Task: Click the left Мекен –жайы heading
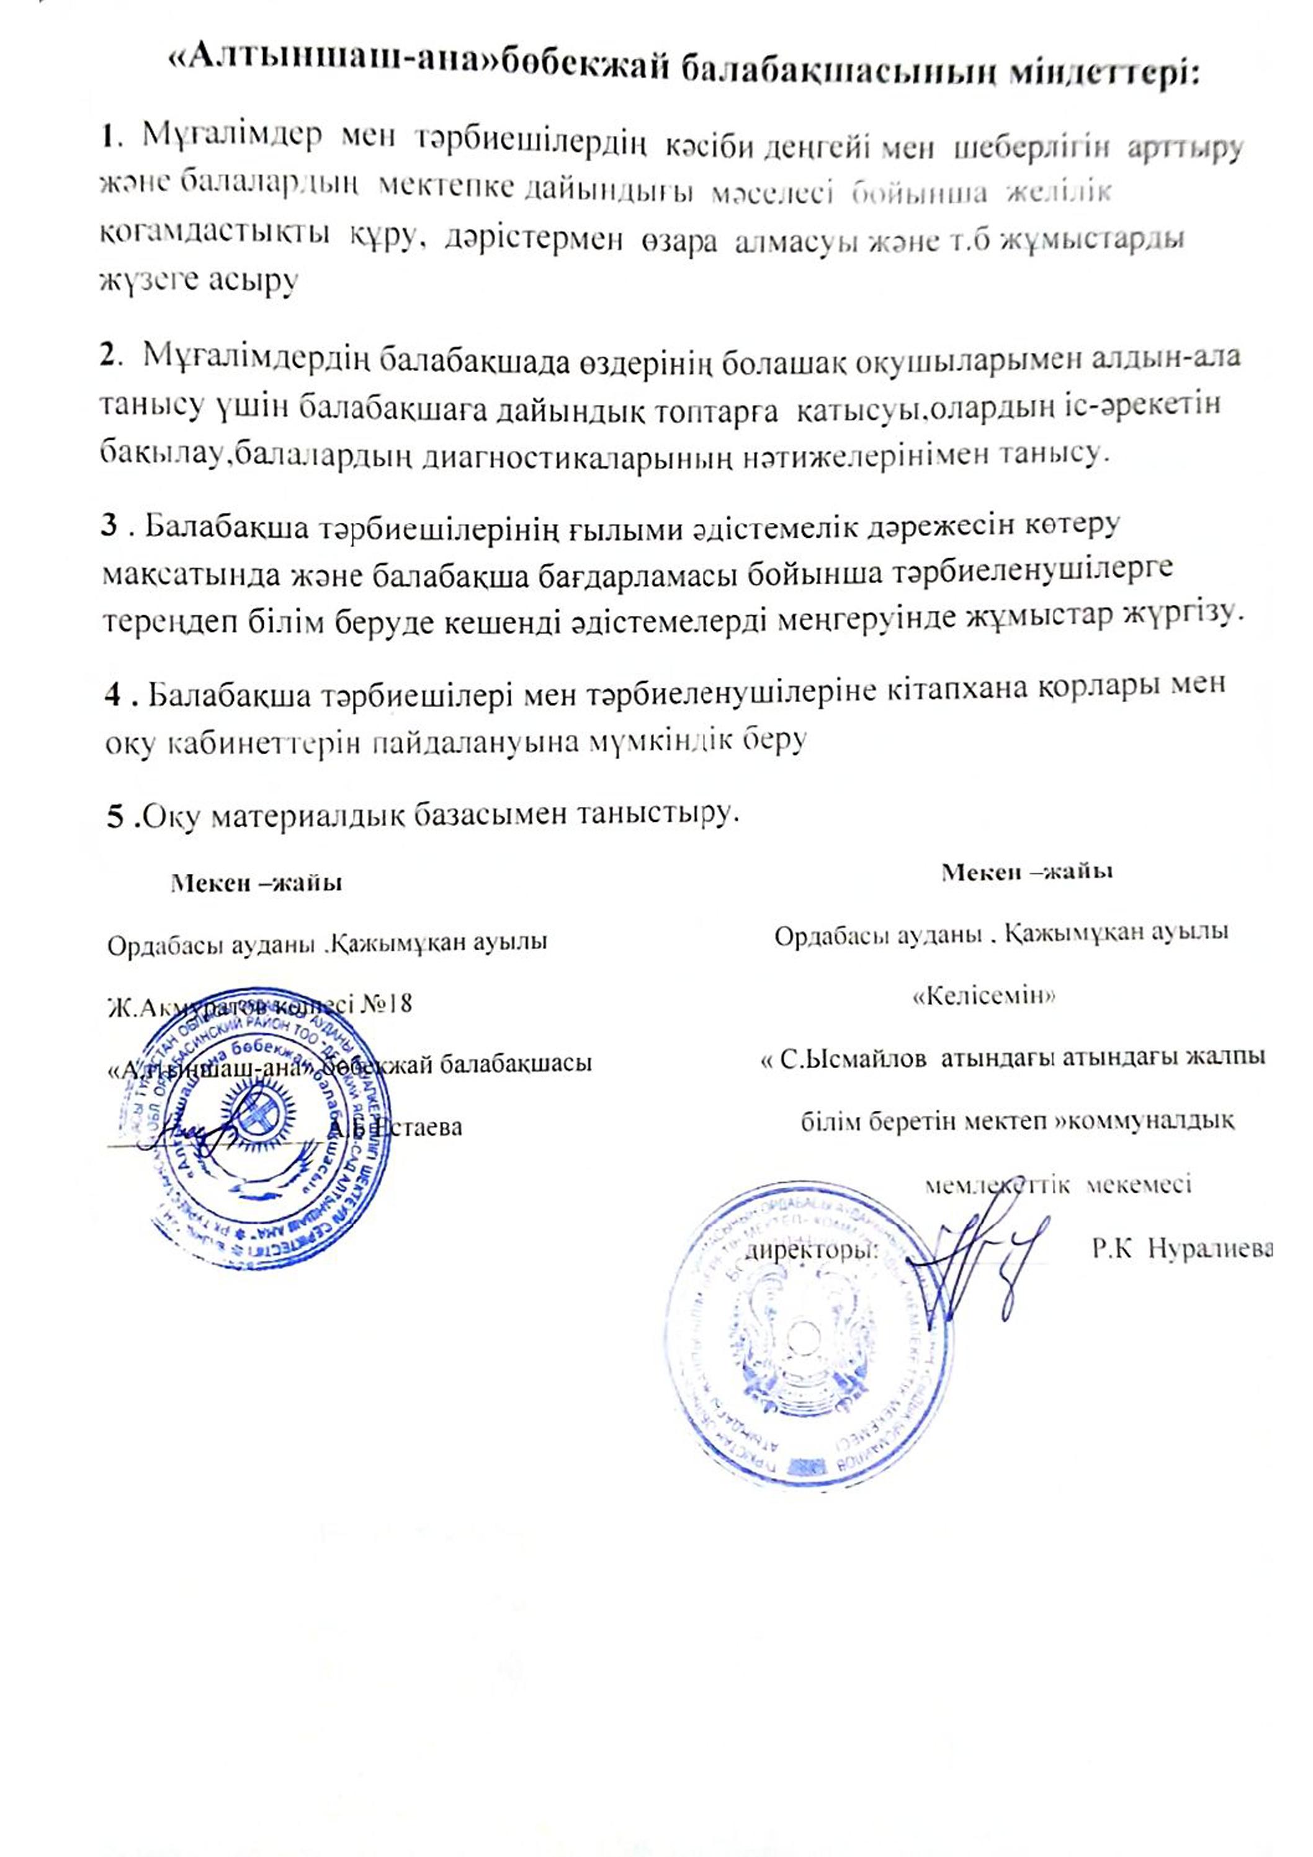(x=256, y=883)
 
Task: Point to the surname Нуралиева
(x=1211, y=1248)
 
